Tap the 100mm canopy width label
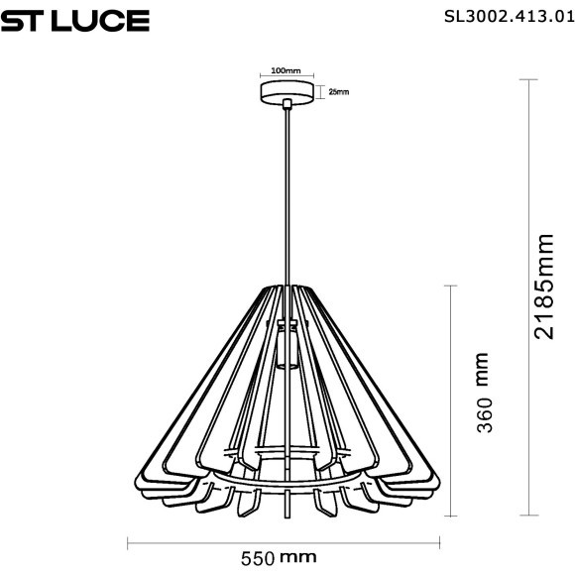coord(286,71)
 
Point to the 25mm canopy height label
coord(337,92)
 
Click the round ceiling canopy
coord(287,92)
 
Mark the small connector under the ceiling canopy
coord(287,105)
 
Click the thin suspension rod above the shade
coord(287,198)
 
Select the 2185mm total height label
coord(544,287)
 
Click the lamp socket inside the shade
coord(287,347)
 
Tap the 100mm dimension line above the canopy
coord(286,78)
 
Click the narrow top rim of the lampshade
coord(287,287)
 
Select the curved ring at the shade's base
coord(287,489)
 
